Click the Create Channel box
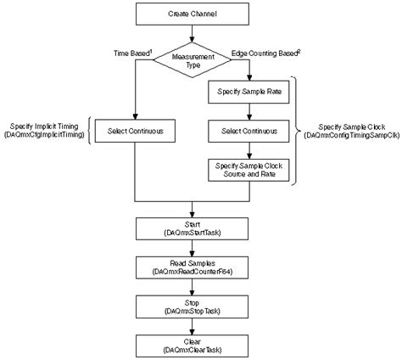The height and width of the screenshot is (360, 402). (x=195, y=14)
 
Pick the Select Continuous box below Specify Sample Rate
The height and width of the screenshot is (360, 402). (x=250, y=132)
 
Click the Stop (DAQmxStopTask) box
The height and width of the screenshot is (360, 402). (x=195, y=307)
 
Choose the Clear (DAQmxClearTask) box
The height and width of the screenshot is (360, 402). (x=195, y=344)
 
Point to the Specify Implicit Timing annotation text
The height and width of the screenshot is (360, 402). (x=47, y=132)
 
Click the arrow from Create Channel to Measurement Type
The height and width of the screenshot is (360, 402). (x=195, y=35)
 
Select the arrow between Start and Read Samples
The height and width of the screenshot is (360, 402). (x=195, y=250)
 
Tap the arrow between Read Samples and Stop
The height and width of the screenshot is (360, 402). (x=195, y=288)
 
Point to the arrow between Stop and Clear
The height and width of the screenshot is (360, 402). (x=195, y=326)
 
